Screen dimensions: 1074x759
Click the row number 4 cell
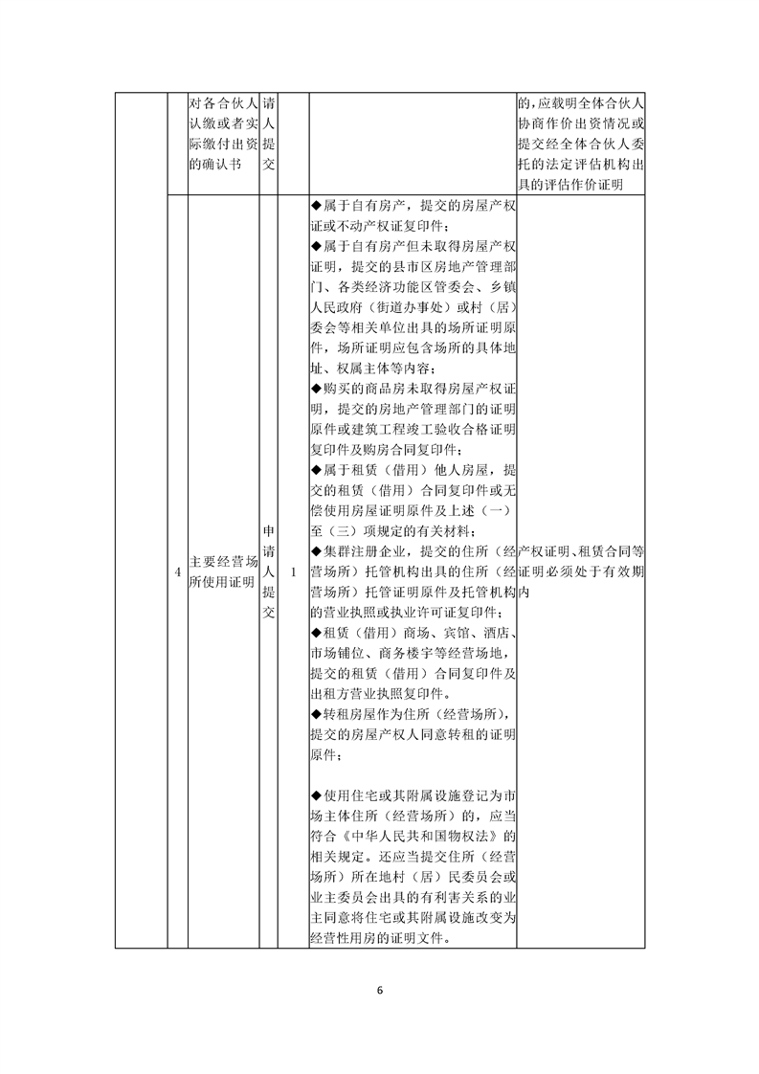pos(177,572)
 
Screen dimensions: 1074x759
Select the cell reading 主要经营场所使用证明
pos(223,572)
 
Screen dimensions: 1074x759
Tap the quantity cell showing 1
pos(293,572)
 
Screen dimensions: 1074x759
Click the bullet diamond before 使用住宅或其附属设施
pos(316,796)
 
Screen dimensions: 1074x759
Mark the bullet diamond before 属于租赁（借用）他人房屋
pos(316,470)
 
